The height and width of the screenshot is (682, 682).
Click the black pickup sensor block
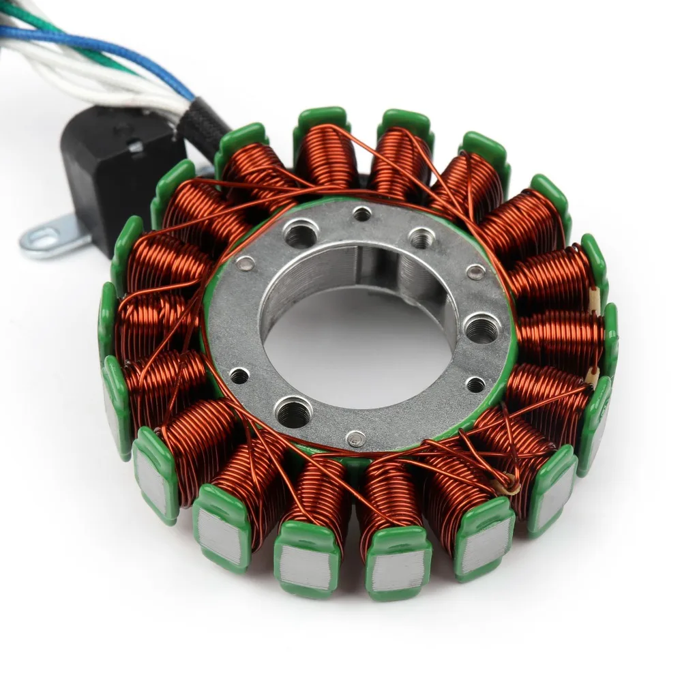[116, 170]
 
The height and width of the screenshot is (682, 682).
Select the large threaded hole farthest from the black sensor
[481, 330]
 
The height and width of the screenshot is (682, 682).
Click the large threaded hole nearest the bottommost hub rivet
[293, 411]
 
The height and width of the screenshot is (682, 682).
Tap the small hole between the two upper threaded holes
[363, 214]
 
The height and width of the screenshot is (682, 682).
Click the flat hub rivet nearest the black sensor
[246, 263]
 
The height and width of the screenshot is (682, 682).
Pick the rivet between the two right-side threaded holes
[476, 273]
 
